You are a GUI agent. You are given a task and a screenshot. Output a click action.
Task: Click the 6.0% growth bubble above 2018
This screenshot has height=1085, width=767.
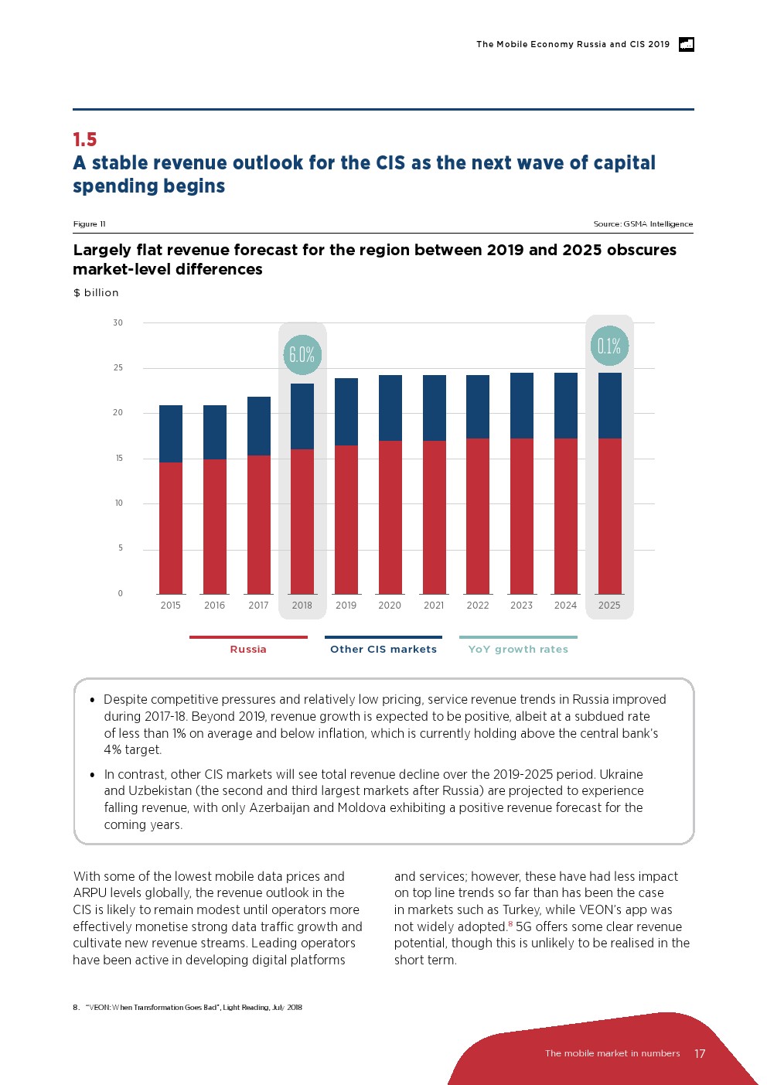302,355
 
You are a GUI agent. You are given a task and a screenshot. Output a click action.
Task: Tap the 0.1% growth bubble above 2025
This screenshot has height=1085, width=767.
609,346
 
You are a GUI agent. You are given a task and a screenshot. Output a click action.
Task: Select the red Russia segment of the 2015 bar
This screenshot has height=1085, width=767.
171,527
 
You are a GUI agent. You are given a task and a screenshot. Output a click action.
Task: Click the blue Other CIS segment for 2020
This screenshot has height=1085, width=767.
390,408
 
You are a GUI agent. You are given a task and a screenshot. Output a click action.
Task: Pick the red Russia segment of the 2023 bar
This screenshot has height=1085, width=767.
522,516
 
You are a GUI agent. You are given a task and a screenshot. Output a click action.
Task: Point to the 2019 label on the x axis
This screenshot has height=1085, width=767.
346,606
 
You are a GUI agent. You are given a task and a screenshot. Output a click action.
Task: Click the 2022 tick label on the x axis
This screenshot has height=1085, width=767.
478,606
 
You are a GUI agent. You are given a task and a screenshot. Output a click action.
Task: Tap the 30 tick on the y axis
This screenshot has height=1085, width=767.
118,322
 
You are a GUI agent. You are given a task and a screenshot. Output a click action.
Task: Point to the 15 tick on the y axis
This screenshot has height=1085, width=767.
119,458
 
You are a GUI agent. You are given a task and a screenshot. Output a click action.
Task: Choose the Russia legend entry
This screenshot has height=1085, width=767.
248,649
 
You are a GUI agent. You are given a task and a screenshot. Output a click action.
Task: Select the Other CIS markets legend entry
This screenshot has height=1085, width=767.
383,649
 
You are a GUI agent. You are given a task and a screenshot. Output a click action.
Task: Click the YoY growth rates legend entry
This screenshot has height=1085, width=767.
518,649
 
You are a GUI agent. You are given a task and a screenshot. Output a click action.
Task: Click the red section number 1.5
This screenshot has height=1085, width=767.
85,140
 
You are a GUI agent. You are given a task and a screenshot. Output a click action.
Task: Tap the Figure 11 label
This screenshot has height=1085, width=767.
89,224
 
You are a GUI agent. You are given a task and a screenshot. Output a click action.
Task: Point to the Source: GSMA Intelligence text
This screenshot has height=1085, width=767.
643,224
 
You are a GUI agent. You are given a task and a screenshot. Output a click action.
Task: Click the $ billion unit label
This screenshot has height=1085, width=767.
96,292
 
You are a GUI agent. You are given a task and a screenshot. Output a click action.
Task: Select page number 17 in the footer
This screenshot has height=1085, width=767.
700,1053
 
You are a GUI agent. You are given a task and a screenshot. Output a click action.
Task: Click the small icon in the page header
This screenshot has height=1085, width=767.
686,44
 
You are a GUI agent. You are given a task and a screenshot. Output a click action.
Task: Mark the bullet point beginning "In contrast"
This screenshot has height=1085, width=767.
93,775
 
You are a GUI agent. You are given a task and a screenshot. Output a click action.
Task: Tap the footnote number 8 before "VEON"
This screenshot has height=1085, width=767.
76,1008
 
